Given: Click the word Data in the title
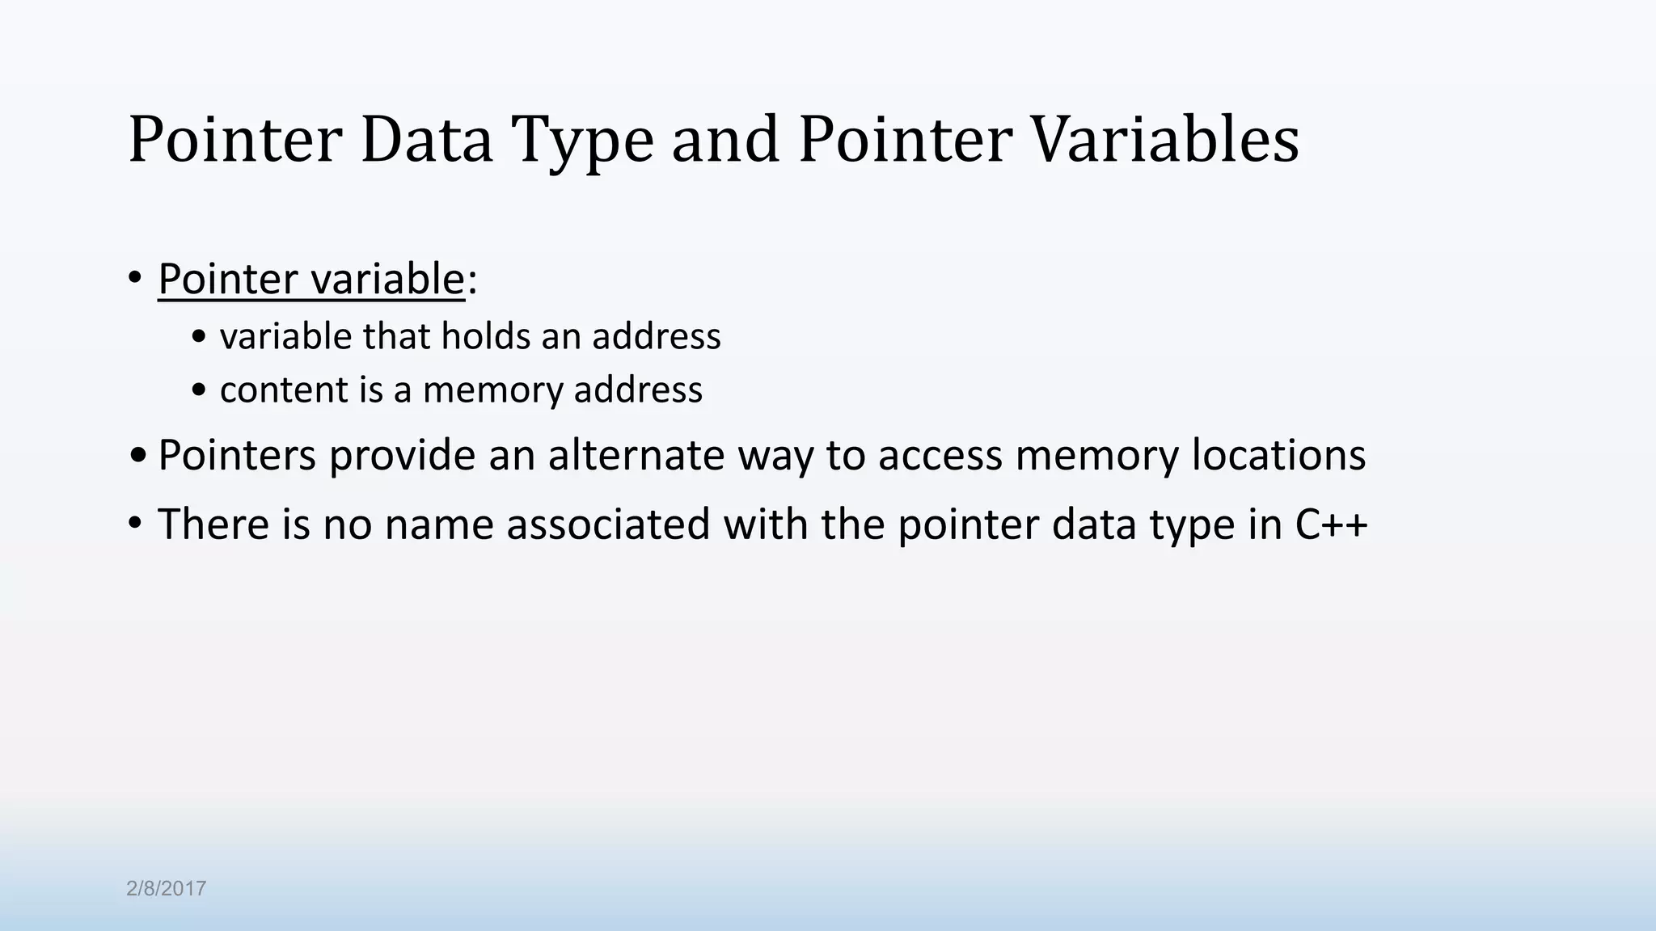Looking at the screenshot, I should (426, 140).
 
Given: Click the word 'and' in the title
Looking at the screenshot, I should (725, 140).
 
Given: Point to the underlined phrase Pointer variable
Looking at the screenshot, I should (311, 280).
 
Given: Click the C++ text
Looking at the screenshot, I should (1331, 524).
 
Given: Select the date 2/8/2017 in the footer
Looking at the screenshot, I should (166, 889).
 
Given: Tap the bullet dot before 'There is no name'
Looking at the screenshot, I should (135, 524).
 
